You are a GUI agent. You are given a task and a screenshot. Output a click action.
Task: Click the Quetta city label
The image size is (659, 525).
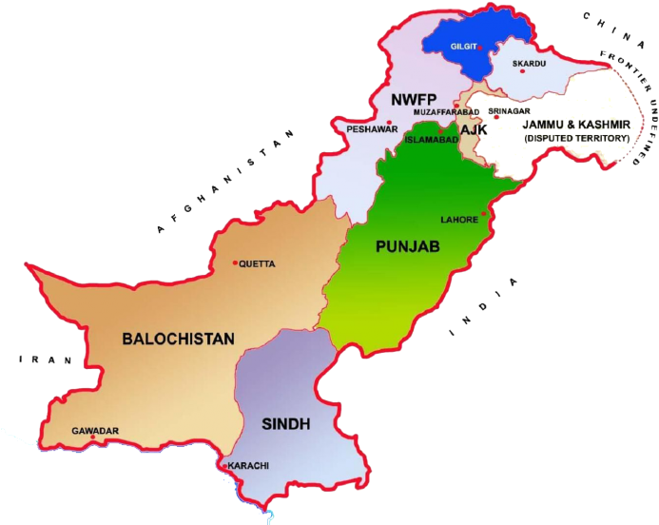258,264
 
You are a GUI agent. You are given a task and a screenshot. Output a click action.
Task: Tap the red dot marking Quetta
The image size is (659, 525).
236,263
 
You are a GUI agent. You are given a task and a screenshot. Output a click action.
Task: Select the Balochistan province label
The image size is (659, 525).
178,338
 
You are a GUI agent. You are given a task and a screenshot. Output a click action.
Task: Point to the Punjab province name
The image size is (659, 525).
408,246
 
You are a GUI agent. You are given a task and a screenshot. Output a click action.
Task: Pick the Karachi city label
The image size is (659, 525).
248,466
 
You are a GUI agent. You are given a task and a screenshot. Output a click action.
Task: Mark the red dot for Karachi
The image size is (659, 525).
223,466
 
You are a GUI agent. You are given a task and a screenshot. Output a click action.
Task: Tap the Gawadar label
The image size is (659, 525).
95,431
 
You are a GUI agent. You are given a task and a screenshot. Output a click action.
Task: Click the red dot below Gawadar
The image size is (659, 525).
93,438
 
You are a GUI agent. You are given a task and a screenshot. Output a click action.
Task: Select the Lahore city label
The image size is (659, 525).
458,220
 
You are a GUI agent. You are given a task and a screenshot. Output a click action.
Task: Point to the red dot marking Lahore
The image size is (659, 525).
483,214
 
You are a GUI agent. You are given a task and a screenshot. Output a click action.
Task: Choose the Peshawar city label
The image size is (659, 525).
372,129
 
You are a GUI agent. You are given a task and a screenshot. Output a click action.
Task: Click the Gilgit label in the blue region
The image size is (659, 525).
463,46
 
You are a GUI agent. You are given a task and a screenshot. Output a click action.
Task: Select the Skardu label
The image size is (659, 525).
530,64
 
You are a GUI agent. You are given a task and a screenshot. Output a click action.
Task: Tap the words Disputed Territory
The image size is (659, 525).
577,138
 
